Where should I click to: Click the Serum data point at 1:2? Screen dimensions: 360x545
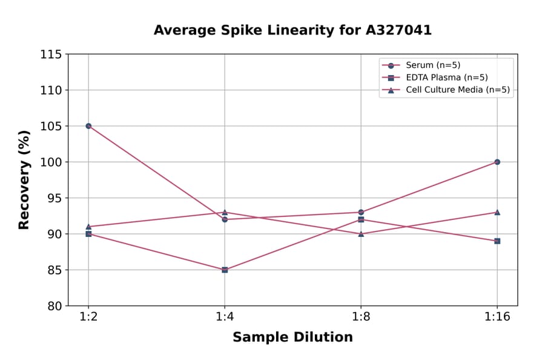point(88,126)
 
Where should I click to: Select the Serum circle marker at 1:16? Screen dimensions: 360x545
point(497,162)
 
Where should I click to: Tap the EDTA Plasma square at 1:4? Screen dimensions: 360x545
point(225,270)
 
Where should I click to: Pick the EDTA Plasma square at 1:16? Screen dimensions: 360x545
point(497,241)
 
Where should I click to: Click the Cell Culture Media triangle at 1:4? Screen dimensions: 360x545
point(225,212)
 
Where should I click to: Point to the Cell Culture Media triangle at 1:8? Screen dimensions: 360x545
point(361,233)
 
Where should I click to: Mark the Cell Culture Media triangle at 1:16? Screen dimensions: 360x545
point(497,212)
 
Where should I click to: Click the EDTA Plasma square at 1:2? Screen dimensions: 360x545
point(88,233)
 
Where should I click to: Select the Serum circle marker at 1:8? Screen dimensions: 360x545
point(361,212)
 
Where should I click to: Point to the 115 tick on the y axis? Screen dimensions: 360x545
point(51,55)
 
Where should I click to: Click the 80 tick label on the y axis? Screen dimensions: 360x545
point(54,306)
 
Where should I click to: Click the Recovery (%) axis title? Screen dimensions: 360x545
point(24,180)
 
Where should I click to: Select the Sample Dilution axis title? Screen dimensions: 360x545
point(292,338)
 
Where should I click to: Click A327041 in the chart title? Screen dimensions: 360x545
point(398,30)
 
